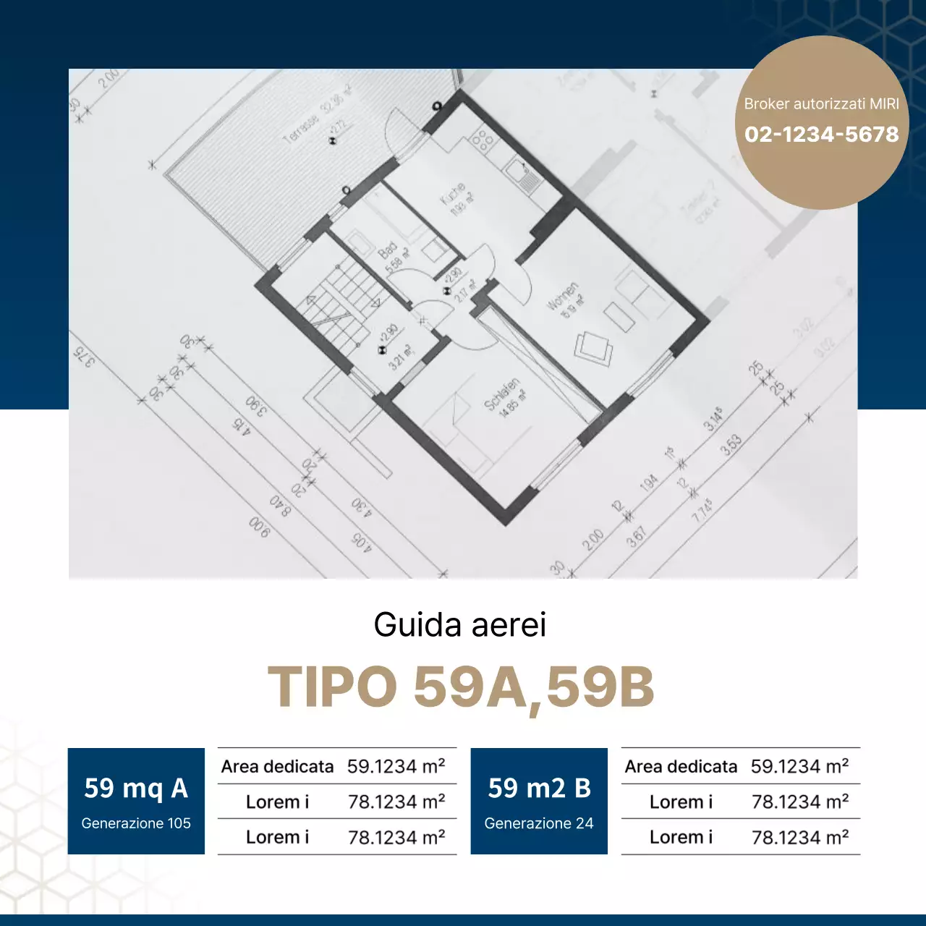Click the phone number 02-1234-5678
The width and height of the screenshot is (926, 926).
(x=821, y=135)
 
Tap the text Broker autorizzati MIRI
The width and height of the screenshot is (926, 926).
(x=821, y=104)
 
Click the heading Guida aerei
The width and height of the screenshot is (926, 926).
(x=459, y=625)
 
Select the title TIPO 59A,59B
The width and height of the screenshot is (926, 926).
(x=461, y=687)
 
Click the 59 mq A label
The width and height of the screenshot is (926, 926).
(x=136, y=788)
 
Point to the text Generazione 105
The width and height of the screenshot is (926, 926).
(x=136, y=823)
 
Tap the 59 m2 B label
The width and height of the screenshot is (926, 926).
(x=539, y=788)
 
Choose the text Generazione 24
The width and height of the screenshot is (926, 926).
(x=539, y=823)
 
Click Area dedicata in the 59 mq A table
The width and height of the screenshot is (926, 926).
(x=277, y=766)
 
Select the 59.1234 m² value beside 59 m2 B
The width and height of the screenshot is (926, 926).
(x=799, y=766)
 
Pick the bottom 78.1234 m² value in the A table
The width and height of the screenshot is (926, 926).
(x=396, y=837)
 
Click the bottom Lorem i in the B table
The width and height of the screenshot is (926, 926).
(x=681, y=837)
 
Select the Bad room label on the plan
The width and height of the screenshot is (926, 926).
(x=391, y=254)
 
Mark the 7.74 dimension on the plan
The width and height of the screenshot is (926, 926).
(x=702, y=509)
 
